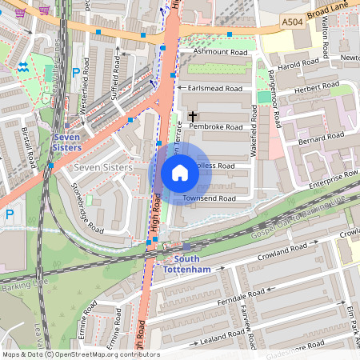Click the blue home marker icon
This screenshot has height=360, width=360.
tap(180, 173)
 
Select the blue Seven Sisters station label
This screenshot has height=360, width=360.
tap(66, 142)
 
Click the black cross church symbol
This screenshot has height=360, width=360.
tap(193, 117)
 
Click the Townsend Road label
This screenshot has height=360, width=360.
tap(209, 198)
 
